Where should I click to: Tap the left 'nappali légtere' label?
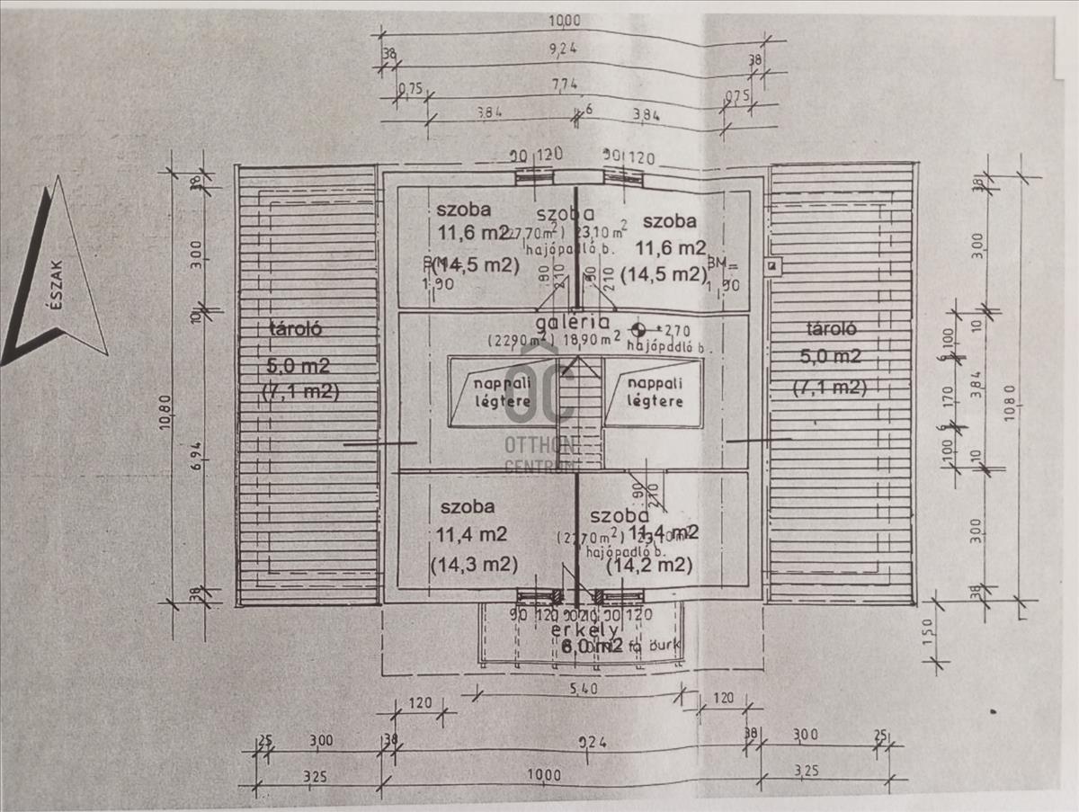pos(503,393)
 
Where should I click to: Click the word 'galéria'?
pos(573,322)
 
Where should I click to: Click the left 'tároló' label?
pos(295,328)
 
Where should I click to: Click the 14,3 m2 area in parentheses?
pos(473,566)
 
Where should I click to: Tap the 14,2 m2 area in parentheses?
pos(648,566)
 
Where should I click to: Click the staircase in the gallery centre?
pos(579,409)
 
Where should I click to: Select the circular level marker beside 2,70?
pos(639,329)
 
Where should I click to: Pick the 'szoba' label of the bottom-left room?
pos(463,505)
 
